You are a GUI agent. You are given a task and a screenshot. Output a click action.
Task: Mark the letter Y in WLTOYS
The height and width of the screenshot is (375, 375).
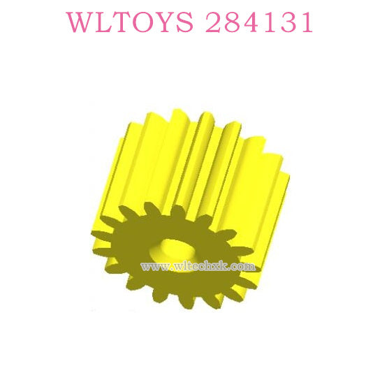coord(165,23)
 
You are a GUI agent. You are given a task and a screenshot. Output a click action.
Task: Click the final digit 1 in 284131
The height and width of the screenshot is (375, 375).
coord(303,23)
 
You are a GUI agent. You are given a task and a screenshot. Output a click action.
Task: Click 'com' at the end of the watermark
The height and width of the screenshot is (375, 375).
coord(241,267)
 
